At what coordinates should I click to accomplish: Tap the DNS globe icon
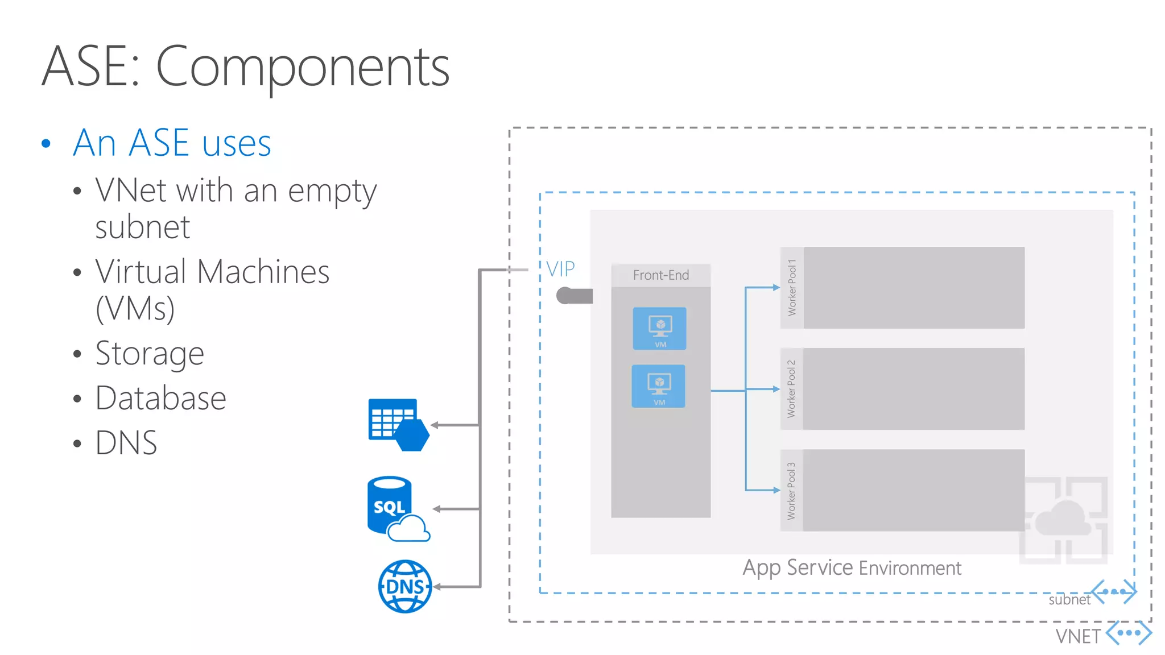pyautogui.click(x=405, y=586)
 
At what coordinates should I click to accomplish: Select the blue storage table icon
pyautogui.click(x=397, y=424)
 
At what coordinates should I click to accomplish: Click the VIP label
pyautogui.click(x=560, y=269)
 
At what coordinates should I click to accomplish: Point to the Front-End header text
pyautogui.click(x=660, y=275)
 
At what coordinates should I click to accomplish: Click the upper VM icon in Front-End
pyautogui.click(x=659, y=328)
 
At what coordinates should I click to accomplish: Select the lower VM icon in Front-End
pyautogui.click(x=658, y=386)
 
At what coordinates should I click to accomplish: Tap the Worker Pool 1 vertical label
pyautogui.click(x=791, y=288)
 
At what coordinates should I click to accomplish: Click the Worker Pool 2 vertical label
pyautogui.click(x=791, y=389)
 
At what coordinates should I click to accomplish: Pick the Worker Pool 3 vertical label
pyautogui.click(x=791, y=491)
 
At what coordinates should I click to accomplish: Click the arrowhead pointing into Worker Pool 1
pyautogui.click(x=776, y=288)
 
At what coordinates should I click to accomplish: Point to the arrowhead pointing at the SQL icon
pyautogui.click(x=437, y=509)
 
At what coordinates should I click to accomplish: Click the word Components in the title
pyautogui.click(x=302, y=67)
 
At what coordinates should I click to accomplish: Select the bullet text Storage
pyautogui.click(x=149, y=353)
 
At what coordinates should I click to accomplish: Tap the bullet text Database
pyautogui.click(x=160, y=397)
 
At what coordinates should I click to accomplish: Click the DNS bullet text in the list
pyautogui.click(x=126, y=442)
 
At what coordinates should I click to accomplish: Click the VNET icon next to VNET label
pyautogui.click(x=1129, y=633)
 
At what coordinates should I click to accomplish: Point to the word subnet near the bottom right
pyautogui.click(x=1069, y=600)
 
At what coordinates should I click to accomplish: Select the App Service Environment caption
pyautogui.click(x=852, y=567)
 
